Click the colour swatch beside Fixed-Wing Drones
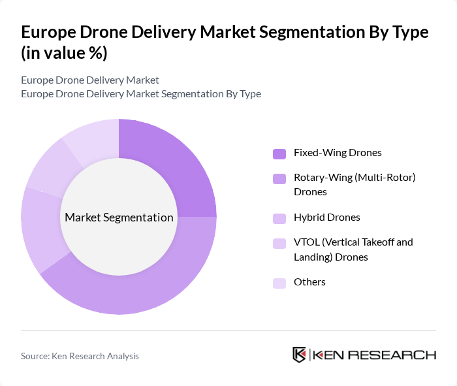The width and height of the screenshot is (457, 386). [x=279, y=153]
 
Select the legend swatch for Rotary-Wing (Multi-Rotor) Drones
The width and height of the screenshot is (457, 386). [x=279, y=178]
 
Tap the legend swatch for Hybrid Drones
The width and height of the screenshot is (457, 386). [x=279, y=218]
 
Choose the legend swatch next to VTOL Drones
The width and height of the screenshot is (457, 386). [x=279, y=243]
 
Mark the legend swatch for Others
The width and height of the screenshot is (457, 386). [x=279, y=283]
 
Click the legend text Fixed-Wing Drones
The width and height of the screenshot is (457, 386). [x=338, y=153]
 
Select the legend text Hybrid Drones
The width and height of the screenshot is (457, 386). [x=327, y=217]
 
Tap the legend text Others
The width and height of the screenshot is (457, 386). [x=309, y=282]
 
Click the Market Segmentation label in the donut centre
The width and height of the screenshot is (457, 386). [x=119, y=217]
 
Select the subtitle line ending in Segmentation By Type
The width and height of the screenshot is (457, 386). [x=141, y=94]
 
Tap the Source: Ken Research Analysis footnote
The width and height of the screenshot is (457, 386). [x=80, y=356]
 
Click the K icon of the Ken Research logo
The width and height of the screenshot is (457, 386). [x=299, y=355]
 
